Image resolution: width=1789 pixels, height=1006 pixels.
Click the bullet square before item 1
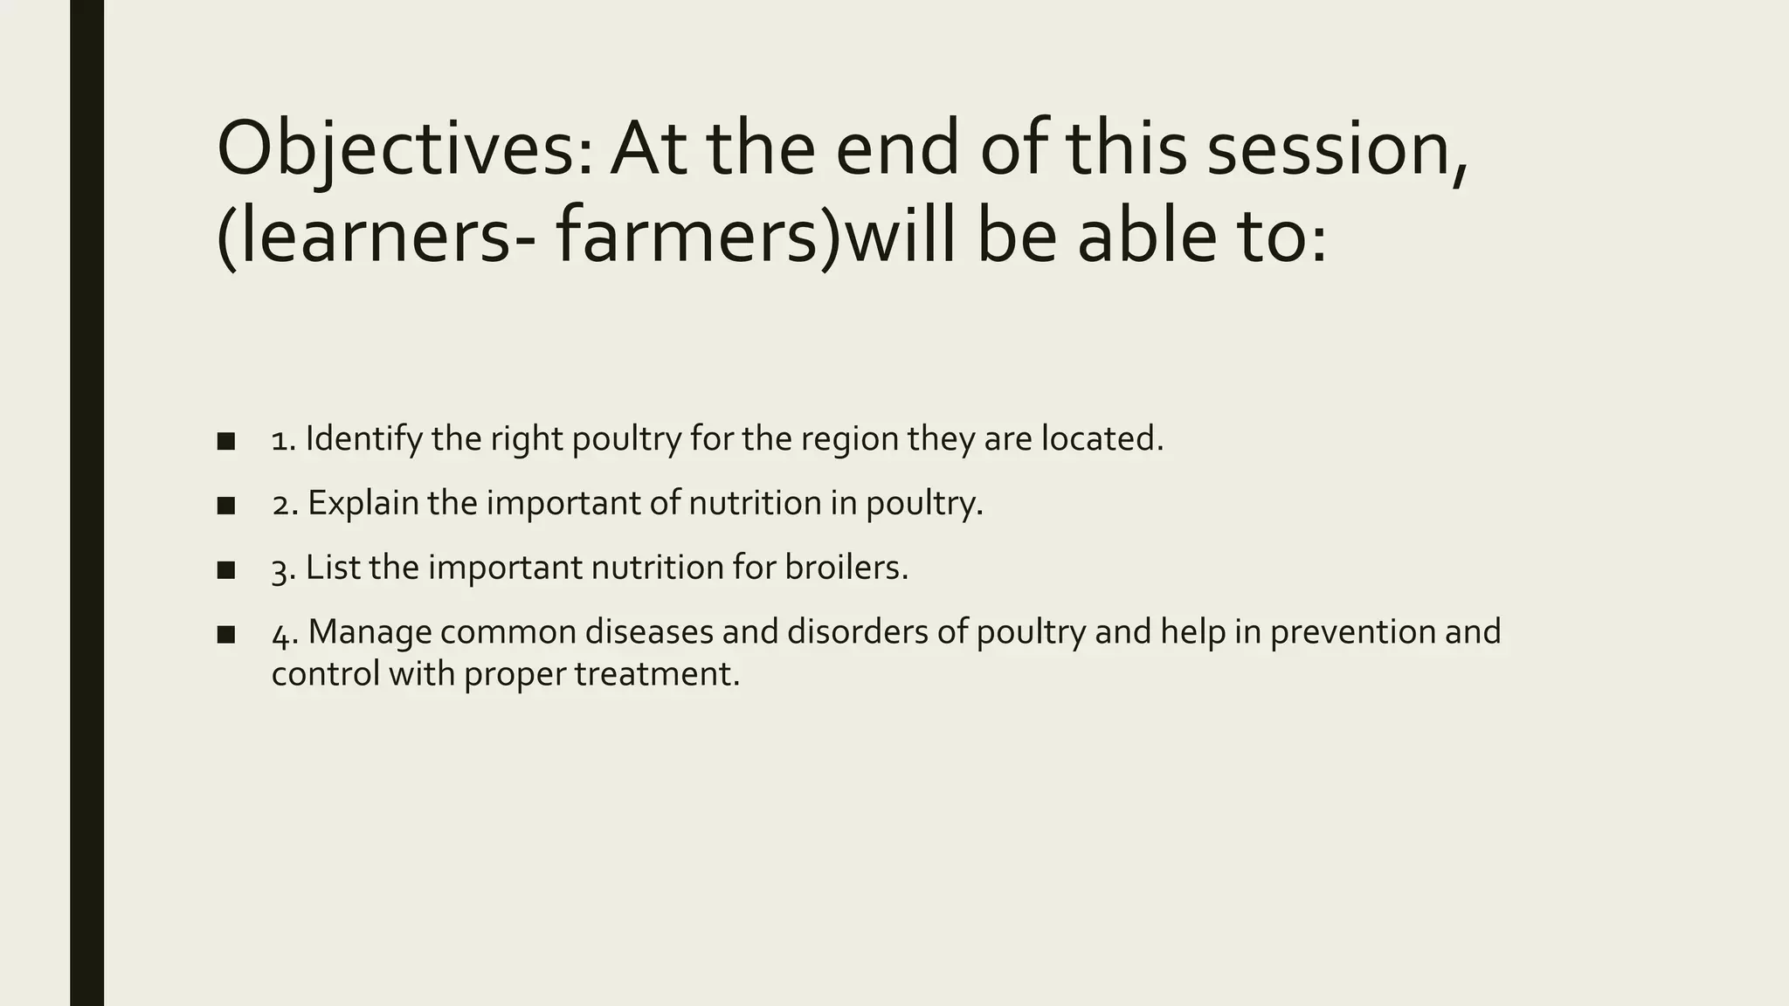pos(226,441)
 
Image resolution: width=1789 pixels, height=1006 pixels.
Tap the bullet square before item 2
pos(226,506)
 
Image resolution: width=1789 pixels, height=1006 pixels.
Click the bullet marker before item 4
pos(226,635)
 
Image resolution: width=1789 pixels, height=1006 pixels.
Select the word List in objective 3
pos(333,568)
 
